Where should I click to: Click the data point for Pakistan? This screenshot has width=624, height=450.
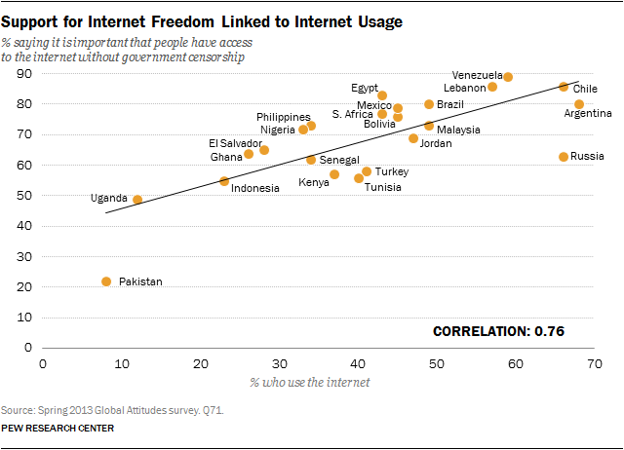point(106,281)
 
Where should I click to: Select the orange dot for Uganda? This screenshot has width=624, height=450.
point(137,200)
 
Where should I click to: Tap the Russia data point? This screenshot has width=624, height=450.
point(564,157)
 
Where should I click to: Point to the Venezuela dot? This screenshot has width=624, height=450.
point(508,77)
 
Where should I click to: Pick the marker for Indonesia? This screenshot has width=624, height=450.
point(224,181)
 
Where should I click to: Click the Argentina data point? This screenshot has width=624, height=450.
point(579,104)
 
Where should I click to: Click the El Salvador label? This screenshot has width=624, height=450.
point(235,143)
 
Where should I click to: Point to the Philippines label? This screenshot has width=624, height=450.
point(284,117)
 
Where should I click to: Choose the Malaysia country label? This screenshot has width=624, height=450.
point(457,129)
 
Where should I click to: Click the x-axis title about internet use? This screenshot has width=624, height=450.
point(310,381)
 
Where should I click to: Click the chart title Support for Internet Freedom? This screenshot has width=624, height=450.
point(203,19)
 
